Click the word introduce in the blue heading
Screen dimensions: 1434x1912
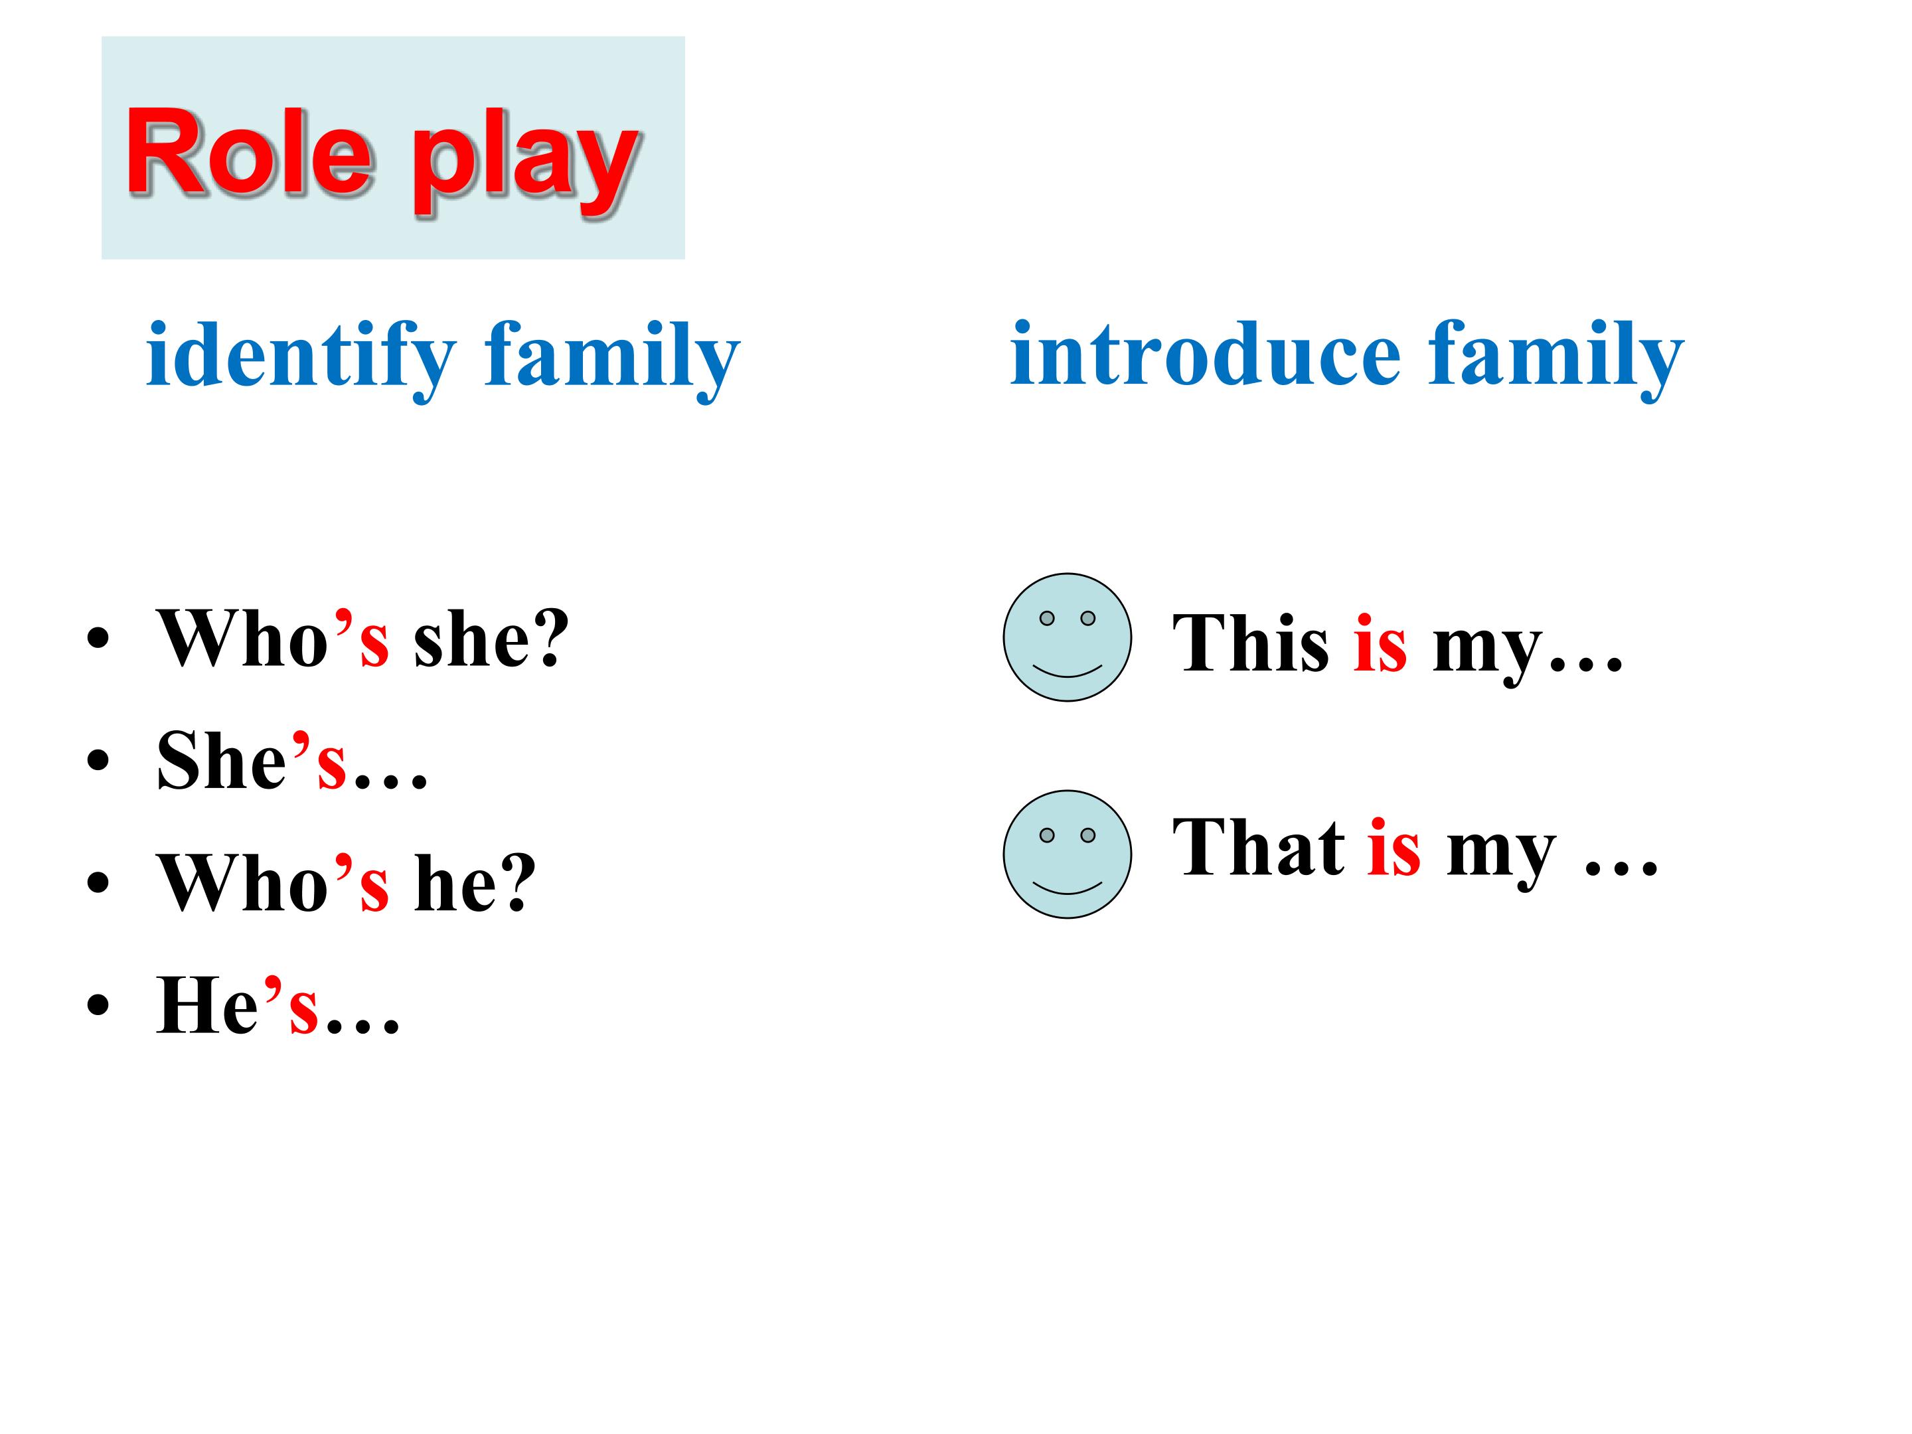[x=1205, y=355]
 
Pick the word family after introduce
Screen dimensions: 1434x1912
[x=1556, y=355]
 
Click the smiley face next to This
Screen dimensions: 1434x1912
[x=1067, y=637]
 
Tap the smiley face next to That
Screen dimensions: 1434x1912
[x=1067, y=854]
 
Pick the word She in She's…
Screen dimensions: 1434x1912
[x=221, y=761]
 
